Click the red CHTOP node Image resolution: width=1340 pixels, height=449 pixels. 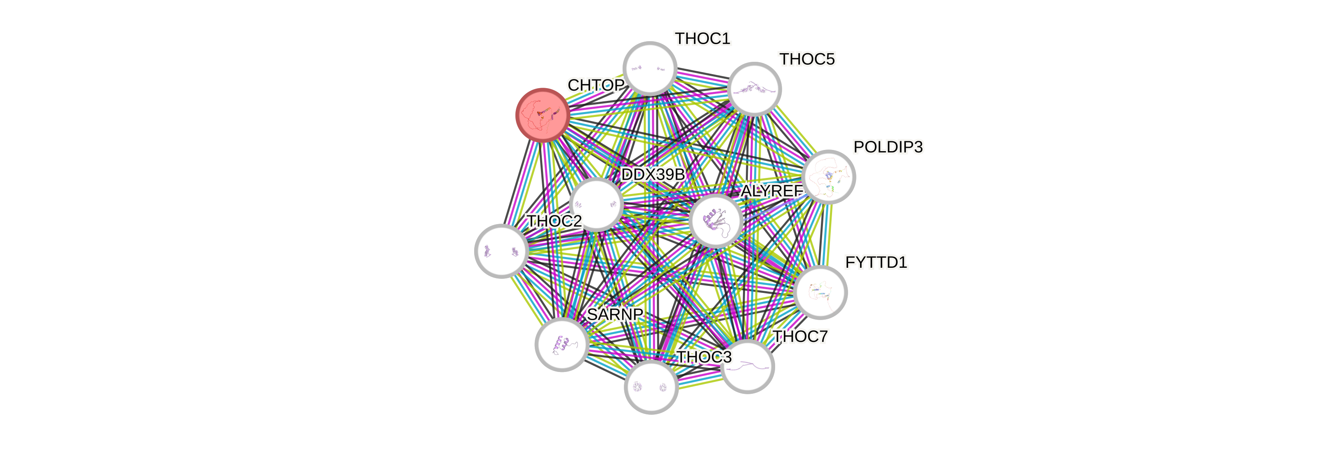(542, 115)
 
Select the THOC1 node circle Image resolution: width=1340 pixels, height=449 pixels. (650, 69)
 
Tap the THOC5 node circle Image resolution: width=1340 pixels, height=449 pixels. (754, 89)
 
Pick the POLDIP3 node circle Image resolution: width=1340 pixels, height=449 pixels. (828, 177)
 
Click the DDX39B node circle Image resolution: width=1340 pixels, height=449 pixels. (596, 204)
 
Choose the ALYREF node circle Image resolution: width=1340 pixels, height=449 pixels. (716, 220)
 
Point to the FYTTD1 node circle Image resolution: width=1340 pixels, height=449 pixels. (820, 292)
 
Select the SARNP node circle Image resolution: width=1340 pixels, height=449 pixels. (562, 344)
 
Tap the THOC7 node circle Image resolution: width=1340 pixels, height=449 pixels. (748, 366)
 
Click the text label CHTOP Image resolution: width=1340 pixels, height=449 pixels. (596, 85)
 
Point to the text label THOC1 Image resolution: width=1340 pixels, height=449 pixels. (702, 38)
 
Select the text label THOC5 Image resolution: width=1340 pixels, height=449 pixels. (807, 60)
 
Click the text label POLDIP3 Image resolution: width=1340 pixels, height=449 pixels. (888, 147)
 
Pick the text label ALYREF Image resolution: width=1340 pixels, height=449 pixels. (772, 191)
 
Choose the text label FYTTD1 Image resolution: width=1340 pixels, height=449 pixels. (876, 262)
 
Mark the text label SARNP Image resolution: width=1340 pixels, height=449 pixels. (615, 314)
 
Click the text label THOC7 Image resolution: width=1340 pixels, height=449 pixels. (800, 337)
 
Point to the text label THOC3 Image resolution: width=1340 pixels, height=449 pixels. (703, 357)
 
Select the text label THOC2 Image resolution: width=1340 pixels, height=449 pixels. (554, 221)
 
